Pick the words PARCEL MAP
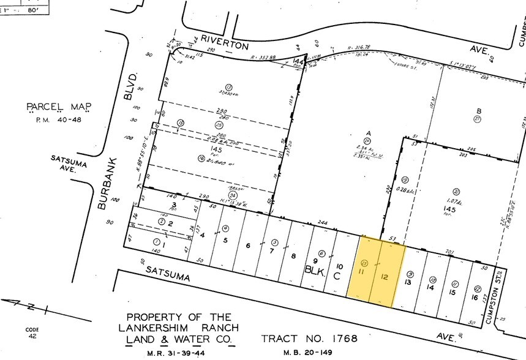tap(59, 108)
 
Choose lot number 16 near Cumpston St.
tap(475, 298)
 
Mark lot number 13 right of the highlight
tap(408, 283)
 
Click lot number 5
tap(225, 239)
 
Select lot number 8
tap(294, 256)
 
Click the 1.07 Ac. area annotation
tap(454, 202)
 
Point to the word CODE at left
tap(32, 329)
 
